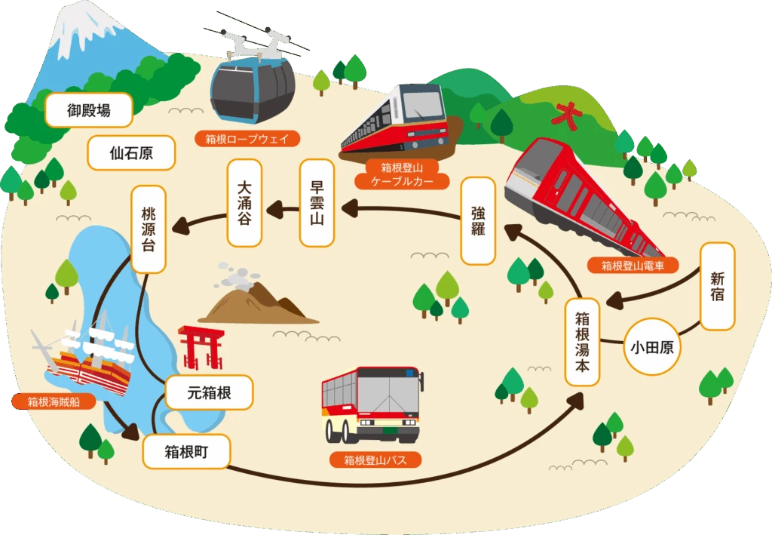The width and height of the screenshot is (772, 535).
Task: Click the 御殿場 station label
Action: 89,110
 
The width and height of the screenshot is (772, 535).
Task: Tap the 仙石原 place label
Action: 131,152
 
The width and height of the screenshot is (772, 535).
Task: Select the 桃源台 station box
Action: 149,229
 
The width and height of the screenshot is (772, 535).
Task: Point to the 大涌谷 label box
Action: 244,202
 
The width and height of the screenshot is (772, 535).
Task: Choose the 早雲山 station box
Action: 317,202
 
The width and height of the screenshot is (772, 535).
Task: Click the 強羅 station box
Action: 478,220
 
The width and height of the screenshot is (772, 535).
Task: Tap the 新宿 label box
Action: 718,286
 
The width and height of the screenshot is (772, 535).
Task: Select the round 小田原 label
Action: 652,347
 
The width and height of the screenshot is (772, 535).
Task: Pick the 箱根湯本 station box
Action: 583,342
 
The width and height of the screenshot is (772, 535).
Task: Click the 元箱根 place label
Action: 210,392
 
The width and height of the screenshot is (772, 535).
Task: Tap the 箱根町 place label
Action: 187,451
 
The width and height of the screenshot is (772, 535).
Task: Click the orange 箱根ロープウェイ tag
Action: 247,139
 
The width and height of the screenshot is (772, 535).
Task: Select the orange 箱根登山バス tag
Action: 375,460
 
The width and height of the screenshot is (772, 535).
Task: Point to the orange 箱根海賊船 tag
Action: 54,401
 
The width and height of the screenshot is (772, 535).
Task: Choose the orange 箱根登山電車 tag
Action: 633,266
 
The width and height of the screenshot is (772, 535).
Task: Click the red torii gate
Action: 201,347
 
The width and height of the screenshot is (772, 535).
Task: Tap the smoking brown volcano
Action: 258,294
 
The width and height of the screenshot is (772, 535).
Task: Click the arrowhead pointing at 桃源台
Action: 179,226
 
